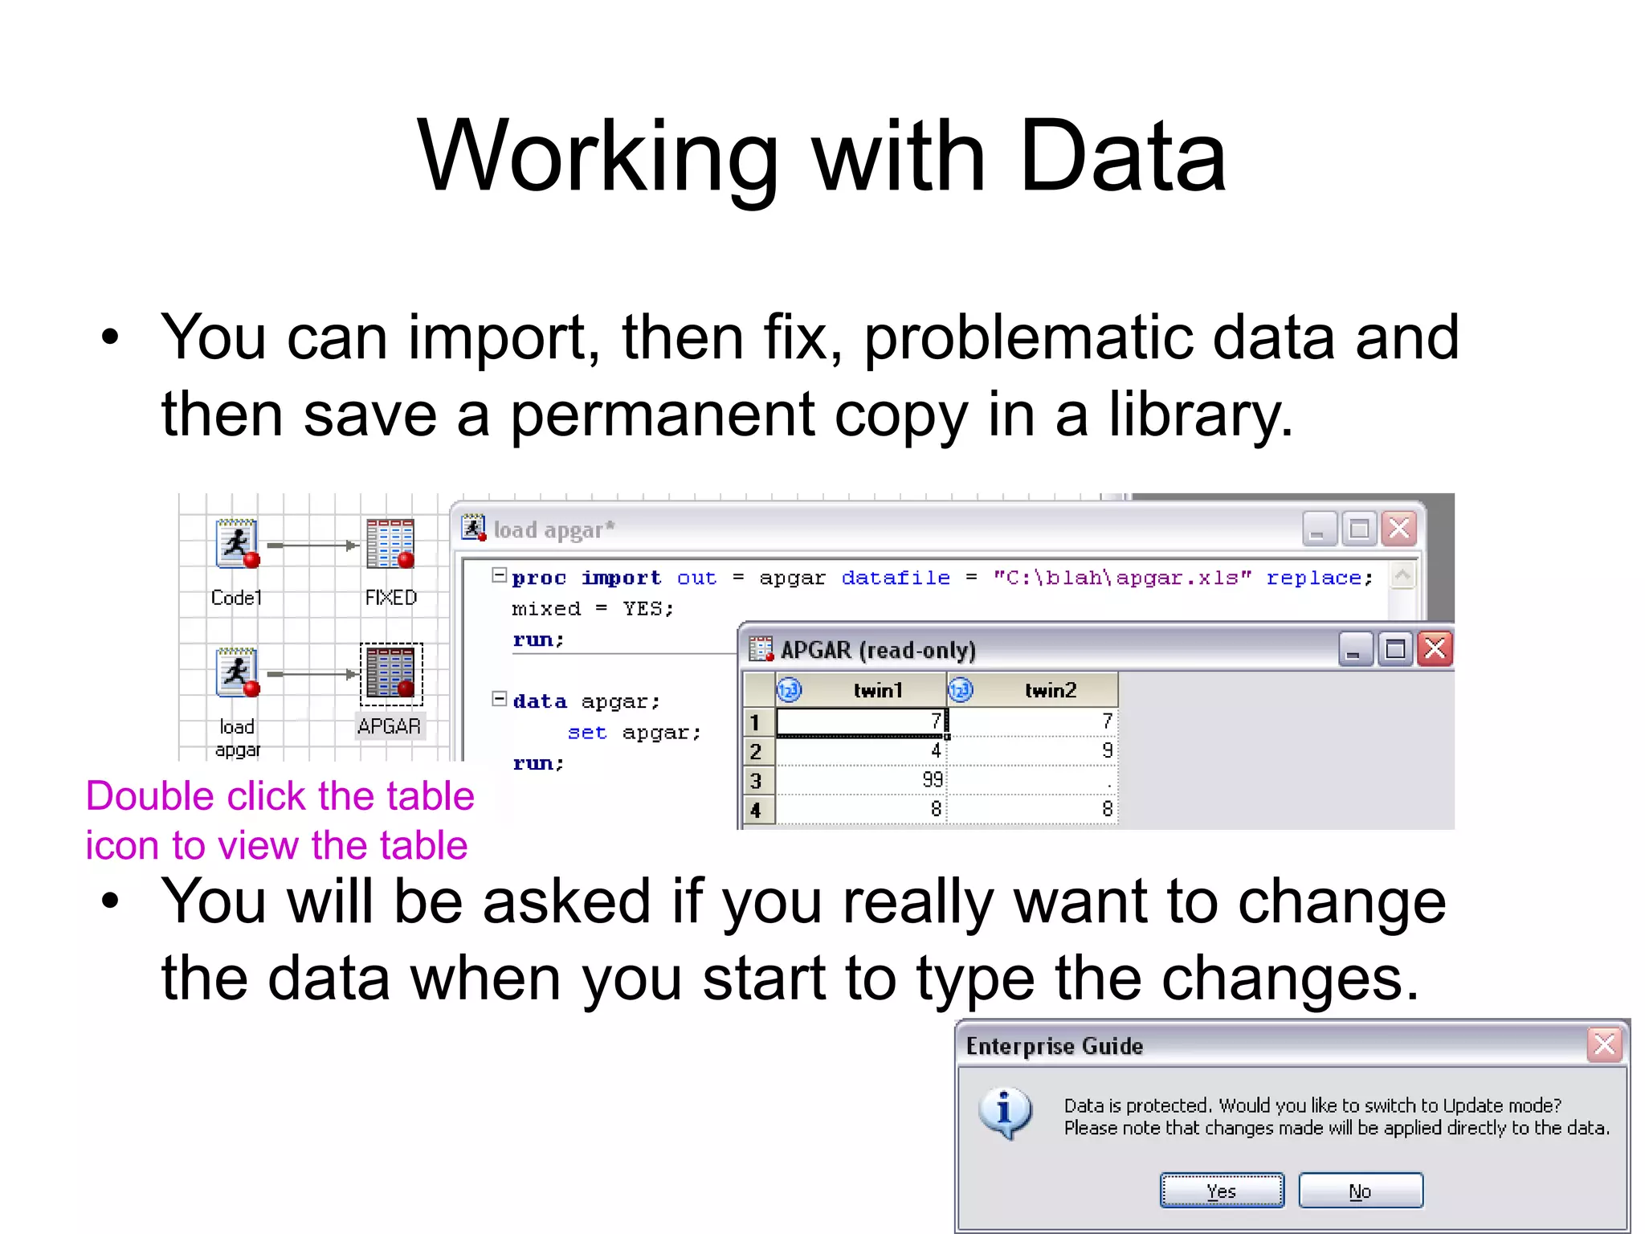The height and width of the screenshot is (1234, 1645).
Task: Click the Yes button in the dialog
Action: (x=1221, y=1190)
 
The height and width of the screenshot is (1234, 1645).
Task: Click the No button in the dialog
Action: (x=1360, y=1190)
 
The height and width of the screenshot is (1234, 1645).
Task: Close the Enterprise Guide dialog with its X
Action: (x=1604, y=1044)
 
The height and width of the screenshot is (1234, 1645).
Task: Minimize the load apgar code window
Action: (x=1318, y=529)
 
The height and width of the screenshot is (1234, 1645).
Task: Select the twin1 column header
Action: (x=877, y=690)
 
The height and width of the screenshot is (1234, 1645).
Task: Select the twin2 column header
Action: (x=1049, y=690)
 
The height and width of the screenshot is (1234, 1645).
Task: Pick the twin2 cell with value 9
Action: (x=1033, y=750)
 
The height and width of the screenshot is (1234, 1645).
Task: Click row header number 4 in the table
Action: (x=756, y=809)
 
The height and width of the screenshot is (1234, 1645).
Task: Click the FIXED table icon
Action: (x=390, y=544)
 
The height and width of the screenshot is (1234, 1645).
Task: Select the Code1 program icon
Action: (x=236, y=544)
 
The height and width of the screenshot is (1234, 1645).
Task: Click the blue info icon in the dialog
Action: (x=1004, y=1113)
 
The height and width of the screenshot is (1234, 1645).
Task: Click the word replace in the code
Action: (x=1314, y=578)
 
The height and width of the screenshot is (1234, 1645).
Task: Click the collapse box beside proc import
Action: (x=499, y=575)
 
